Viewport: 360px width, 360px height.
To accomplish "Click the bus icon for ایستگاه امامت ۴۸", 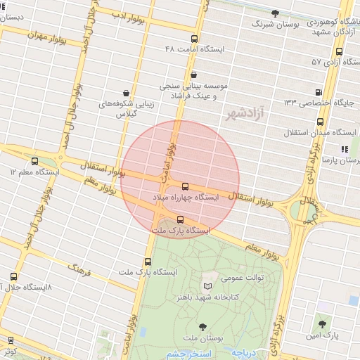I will click(x=194, y=39).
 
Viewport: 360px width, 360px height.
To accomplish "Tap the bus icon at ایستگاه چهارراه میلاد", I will click(x=185, y=186).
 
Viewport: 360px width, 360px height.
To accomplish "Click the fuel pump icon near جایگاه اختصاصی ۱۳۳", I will click(x=319, y=92).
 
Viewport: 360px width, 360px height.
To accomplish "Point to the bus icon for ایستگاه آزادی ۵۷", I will click(x=340, y=51).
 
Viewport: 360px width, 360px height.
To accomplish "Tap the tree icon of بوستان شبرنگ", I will click(x=275, y=13).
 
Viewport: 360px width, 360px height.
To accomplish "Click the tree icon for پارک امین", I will click(x=322, y=324).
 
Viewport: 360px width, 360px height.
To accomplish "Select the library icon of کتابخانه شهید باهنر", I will click(x=207, y=285).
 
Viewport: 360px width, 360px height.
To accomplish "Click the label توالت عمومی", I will click(x=243, y=277).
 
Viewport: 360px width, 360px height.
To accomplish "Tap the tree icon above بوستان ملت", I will click(x=203, y=327).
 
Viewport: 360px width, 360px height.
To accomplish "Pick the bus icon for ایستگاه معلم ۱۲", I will click(x=34, y=160).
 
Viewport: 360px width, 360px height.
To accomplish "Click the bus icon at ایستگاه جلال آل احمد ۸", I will click(x=13, y=277).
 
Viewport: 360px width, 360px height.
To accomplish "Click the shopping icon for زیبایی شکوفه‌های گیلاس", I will click(x=126, y=93).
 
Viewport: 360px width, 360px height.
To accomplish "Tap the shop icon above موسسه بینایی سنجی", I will click(x=194, y=75).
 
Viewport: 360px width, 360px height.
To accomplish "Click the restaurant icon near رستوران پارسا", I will click(x=344, y=149).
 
